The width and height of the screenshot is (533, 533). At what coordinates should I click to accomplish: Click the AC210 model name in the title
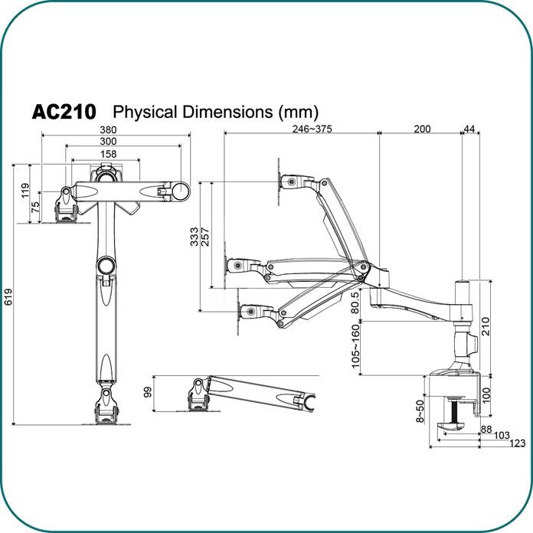(64, 112)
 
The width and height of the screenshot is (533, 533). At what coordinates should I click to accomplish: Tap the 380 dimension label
(118, 129)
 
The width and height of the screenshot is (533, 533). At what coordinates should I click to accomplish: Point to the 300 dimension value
(107, 142)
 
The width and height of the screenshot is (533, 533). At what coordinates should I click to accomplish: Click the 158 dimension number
(110, 154)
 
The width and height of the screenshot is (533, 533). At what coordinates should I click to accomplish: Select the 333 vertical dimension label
(194, 235)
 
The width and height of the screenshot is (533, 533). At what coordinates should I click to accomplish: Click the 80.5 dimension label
(355, 302)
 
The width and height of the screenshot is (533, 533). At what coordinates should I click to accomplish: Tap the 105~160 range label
(355, 346)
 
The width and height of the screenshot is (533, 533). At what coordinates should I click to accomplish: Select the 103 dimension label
(502, 435)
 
